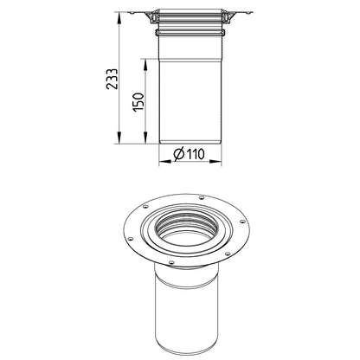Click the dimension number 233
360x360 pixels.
tap(112, 79)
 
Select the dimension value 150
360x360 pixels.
tap(138, 102)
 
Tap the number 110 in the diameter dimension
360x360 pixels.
tap(196, 154)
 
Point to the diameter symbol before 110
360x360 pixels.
tap(179, 154)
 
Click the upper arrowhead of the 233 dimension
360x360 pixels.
tap(119, 18)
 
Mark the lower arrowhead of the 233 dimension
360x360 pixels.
tap(119, 138)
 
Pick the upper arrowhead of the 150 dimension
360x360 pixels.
tap(145, 65)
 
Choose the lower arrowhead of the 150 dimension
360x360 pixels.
tap(145, 138)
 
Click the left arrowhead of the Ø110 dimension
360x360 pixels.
tap(164, 162)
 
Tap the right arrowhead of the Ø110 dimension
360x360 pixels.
tap(215, 162)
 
